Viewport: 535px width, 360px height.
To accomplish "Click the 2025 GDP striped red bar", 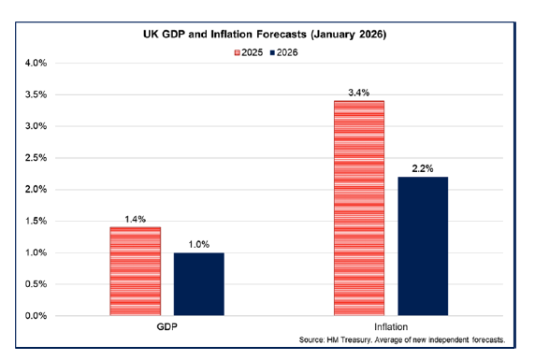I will click(135, 271).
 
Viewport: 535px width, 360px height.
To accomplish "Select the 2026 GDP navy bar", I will click(198, 283).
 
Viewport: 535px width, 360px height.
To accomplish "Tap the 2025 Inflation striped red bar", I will click(358, 208).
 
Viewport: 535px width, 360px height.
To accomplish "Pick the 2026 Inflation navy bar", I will click(423, 246).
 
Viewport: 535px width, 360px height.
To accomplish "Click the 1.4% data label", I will click(135, 218).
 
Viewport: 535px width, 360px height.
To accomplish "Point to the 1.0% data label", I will click(198, 243).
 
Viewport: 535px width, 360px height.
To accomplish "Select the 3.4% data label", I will click(358, 92).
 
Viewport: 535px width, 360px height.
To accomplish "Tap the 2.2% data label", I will click(423, 167).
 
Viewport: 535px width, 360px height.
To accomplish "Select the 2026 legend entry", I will click(288, 51).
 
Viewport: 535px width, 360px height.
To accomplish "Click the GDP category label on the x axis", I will click(166, 328).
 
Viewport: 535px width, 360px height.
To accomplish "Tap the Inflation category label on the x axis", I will click(390, 328).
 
